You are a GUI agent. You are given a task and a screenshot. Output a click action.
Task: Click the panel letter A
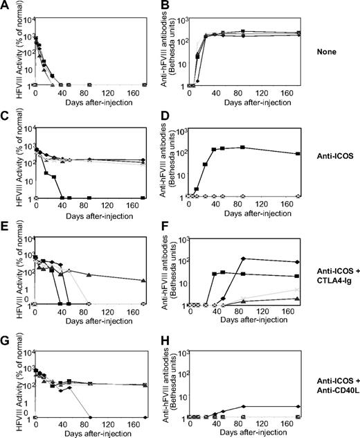[5, 6]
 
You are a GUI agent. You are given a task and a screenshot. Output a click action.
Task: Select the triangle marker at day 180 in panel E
[143, 281]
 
